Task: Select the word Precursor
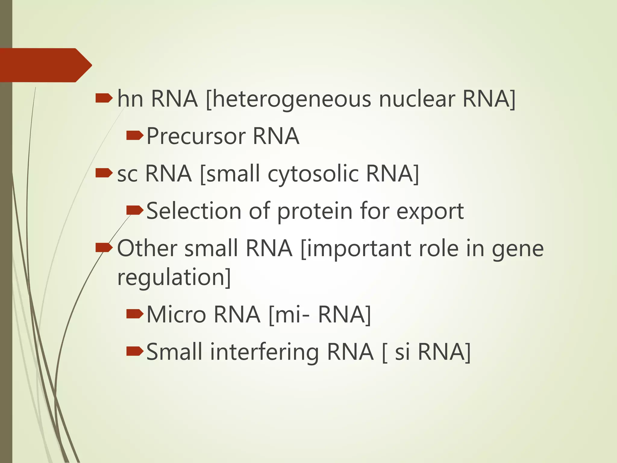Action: [x=196, y=136]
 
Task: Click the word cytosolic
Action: [x=313, y=174]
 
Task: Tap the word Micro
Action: [x=176, y=314]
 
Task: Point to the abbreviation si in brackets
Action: [x=402, y=352]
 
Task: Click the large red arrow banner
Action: [x=45, y=65]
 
